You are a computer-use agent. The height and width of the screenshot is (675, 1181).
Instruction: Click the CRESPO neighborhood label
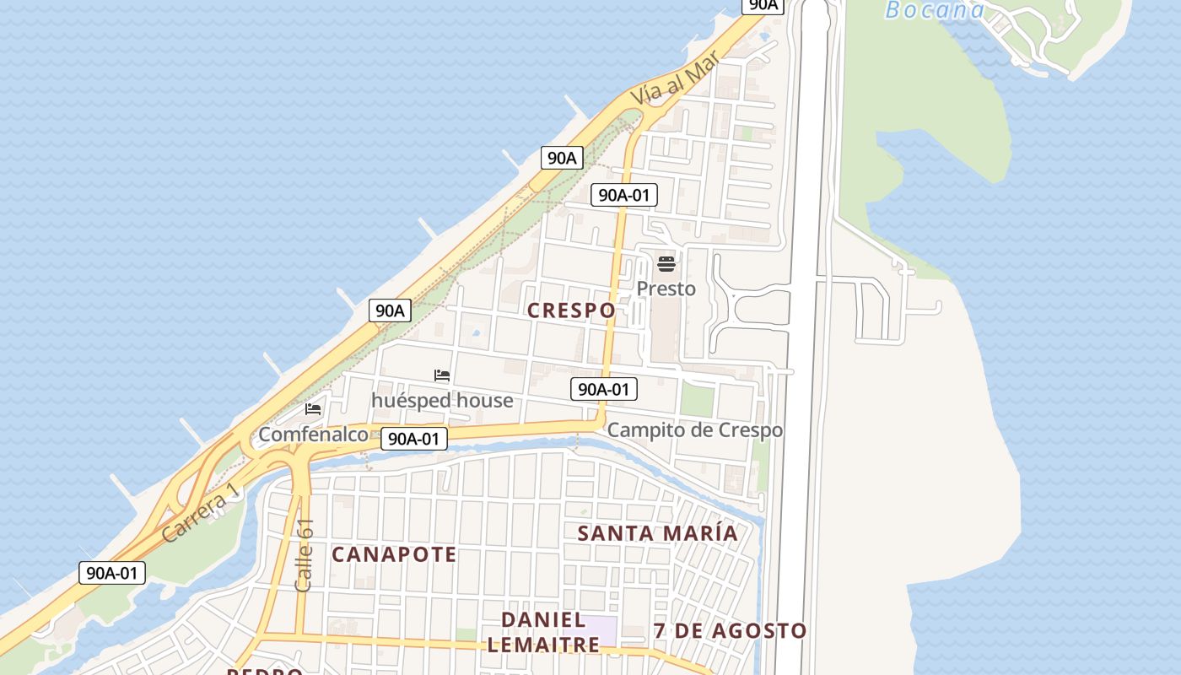571,310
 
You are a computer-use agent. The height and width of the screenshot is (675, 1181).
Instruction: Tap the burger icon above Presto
666,264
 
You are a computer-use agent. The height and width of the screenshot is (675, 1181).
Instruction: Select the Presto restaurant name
666,289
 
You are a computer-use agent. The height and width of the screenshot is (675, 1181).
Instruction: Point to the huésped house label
442,400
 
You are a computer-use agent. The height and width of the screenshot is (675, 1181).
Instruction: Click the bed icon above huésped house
442,375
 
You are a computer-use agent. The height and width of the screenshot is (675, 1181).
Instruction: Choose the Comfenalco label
313,435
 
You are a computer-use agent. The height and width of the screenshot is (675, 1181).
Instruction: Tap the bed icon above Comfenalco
313,409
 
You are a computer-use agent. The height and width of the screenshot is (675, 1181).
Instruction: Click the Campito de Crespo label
695,430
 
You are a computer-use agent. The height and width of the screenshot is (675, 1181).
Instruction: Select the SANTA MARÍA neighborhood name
658,533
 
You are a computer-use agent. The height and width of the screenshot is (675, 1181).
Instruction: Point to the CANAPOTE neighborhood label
394,554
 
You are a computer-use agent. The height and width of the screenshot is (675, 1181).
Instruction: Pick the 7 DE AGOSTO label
731,631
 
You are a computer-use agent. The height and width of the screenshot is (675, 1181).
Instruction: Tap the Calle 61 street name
305,554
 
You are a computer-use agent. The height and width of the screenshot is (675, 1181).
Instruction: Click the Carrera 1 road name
195,516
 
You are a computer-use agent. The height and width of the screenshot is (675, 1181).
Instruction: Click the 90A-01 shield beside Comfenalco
413,439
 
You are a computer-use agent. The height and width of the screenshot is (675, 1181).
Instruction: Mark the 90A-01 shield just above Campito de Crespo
604,389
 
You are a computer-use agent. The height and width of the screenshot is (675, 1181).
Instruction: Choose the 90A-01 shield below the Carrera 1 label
113,573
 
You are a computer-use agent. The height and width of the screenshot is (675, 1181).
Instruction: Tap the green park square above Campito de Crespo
697,400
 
